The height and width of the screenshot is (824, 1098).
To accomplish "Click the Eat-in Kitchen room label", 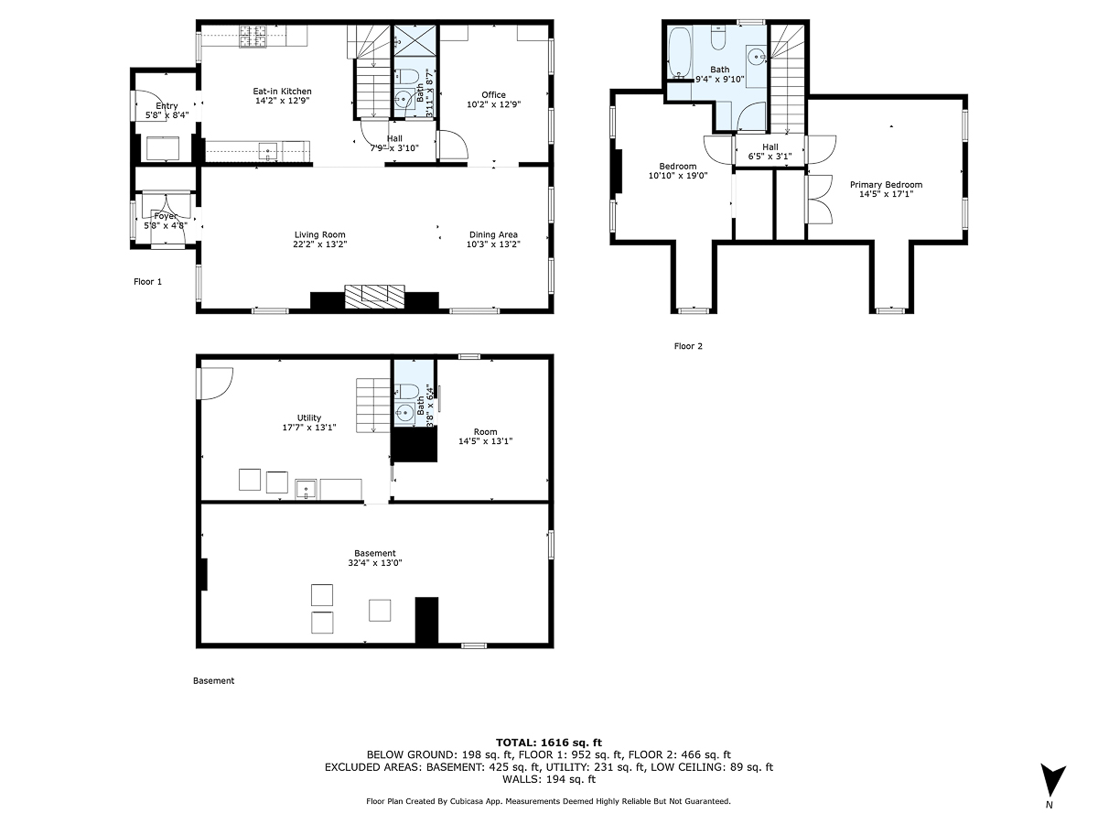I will pyautogui.click(x=282, y=91).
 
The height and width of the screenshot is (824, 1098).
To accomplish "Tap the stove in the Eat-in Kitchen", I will pyautogui.click(x=253, y=37).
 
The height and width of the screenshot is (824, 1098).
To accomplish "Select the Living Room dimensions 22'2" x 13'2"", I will pyautogui.click(x=319, y=244).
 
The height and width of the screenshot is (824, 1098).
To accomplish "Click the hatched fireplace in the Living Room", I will pyautogui.click(x=374, y=295).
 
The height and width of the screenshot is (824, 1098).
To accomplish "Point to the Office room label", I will pyautogui.click(x=493, y=94).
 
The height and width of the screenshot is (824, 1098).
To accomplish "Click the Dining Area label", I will pyautogui.click(x=493, y=234).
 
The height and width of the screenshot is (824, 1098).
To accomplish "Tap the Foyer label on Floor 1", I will pyautogui.click(x=166, y=216).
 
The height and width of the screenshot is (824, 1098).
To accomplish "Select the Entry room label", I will pyautogui.click(x=166, y=106).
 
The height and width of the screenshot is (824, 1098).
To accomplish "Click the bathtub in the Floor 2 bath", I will pyautogui.click(x=678, y=53).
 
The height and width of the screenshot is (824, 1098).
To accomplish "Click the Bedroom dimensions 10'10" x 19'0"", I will pyautogui.click(x=678, y=176).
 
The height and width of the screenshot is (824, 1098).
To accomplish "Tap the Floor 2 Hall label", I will pyautogui.click(x=770, y=146).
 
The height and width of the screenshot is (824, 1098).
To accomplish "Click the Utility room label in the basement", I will pyautogui.click(x=309, y=417).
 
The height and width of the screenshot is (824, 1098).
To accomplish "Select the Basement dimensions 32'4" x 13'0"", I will pyautogui.click(x=375, y=563).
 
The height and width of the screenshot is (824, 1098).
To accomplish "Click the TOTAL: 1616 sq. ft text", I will pyautogui.click(x=548, y=742).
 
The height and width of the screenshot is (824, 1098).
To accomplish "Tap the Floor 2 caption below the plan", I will pyautogui.click(x=688, y=346).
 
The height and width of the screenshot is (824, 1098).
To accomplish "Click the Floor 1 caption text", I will pyautogui.click(x=147, y=282).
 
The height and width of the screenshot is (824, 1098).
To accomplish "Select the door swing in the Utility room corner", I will pyautogui.click(x=214, y=381).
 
